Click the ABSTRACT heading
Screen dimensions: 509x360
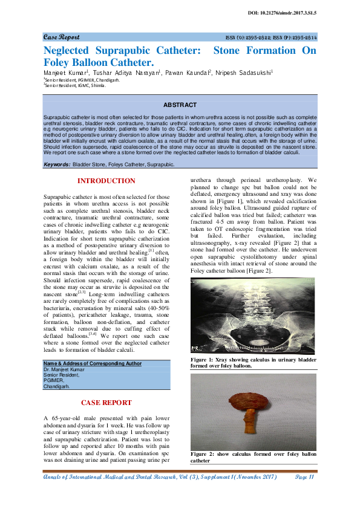[x=180, y=105]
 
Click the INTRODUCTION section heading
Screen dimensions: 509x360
[x=106, y=181]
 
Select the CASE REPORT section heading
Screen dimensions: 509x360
[x=106, y=402]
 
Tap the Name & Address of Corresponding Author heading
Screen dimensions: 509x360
[x=92, y=363]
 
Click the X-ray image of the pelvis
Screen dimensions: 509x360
[x=253, y=317]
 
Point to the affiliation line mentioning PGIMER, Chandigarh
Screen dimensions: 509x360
[x=82, y=79]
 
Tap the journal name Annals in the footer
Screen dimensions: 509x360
[x=54, y=478]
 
